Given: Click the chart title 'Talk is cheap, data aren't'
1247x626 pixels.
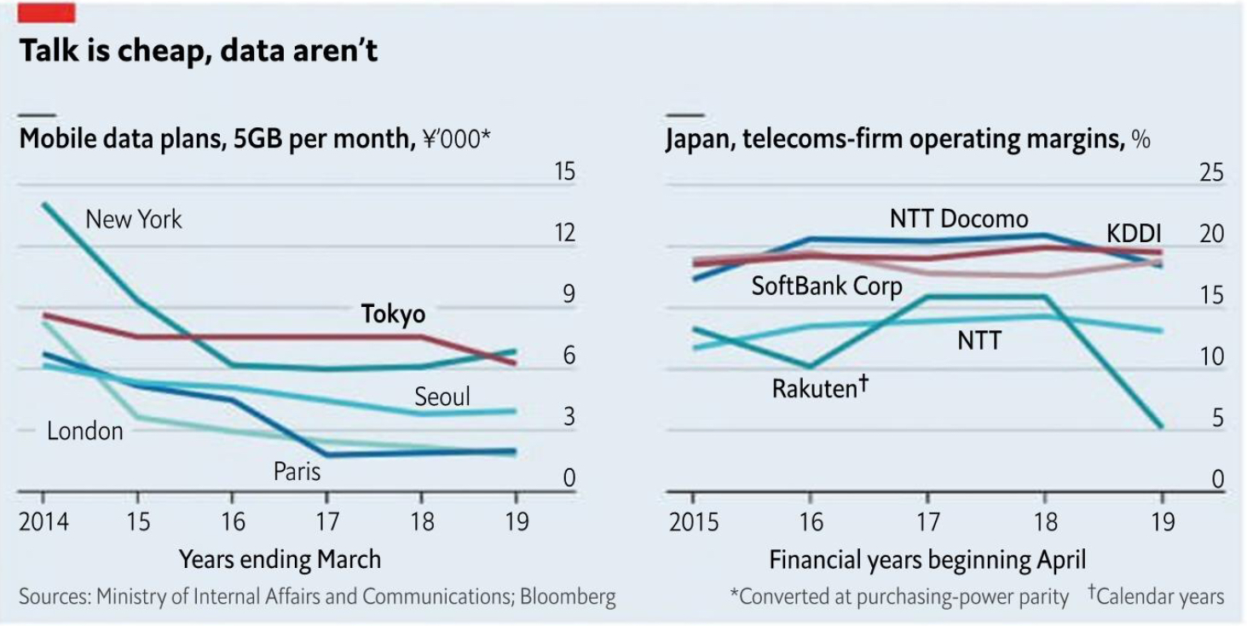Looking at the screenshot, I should point(198,51).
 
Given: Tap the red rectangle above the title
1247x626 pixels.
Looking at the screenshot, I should point(47,12).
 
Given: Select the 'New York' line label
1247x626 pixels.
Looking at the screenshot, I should point(134,220).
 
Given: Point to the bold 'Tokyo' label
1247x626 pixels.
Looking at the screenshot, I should point(393,314).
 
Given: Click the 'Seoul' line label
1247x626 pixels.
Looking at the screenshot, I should point(442,397).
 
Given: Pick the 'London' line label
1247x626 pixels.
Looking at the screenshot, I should point(85,432).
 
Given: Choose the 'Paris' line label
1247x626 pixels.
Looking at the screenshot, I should point(297,472).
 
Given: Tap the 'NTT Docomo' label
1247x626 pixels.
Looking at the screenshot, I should point(959,219).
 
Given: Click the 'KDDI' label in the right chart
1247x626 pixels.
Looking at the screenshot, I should point(1134,235).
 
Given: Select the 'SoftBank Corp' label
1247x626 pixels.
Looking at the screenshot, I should point(826,286).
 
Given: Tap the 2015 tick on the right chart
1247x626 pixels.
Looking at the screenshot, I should point(693,521).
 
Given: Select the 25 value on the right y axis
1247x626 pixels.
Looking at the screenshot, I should point(1211,173).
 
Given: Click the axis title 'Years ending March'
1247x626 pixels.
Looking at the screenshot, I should point(280,559).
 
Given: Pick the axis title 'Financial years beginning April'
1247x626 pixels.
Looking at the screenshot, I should point(927,560).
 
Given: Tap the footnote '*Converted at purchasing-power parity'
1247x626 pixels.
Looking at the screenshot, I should point(899,597).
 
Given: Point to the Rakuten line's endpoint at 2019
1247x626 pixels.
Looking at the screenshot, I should point(1160,426).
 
